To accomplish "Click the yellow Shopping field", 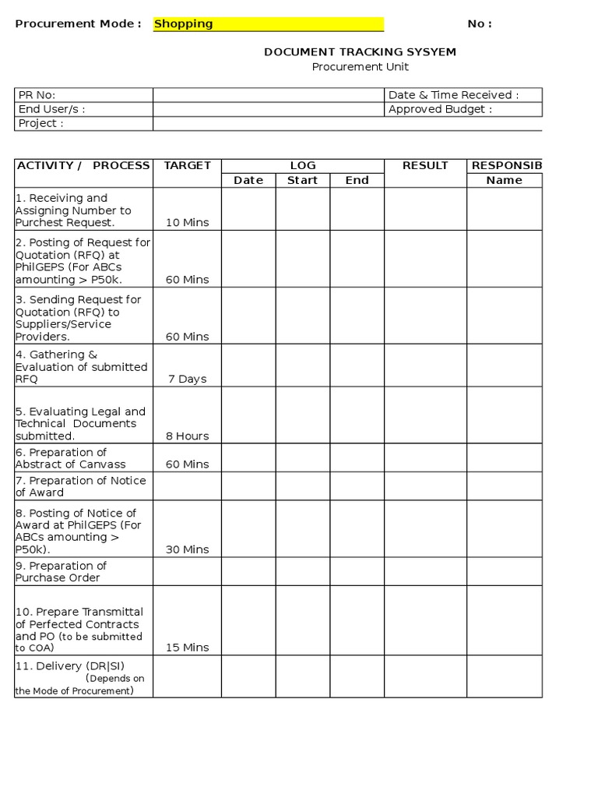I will click(268, 24).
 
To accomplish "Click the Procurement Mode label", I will click(78, 24).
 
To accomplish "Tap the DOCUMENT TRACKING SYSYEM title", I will click(360, 52).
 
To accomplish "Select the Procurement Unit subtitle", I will click(360, 67).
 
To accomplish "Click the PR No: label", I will click(37, 95).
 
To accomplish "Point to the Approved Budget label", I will click(440, 109).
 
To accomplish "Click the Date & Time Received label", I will click(453, 95).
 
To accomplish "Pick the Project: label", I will click(40, 123).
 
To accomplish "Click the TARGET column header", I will click(187, 165).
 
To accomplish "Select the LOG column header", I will click(303, 165).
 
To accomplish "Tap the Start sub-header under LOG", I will click(303, 180).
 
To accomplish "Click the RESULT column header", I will click(425, 165).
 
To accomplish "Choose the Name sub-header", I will click(504, 180).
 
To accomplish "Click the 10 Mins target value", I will click(187, 222).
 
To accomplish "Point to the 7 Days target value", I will click(187, 379).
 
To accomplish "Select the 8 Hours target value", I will click(187, 436).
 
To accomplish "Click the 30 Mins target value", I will click(187, 549).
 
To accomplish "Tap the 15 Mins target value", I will click(187, 647).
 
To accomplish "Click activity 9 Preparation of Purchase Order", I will click(62, 571).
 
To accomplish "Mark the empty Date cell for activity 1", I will click(248, 209).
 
